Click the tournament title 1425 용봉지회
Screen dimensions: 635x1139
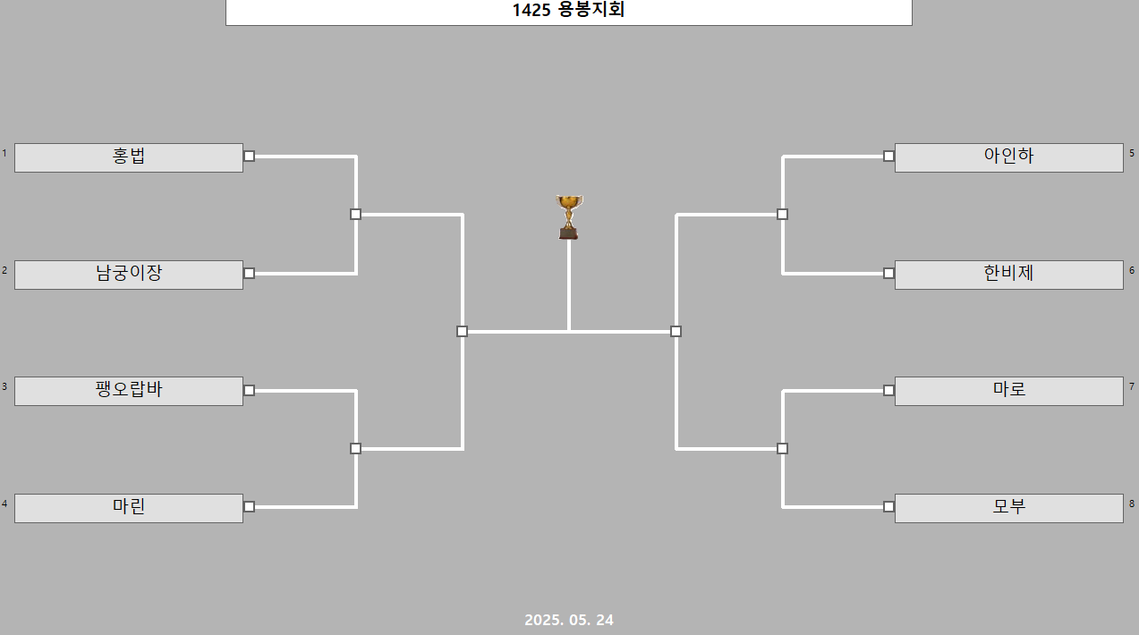click(568, 11)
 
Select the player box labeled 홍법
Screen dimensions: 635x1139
click(129, 157)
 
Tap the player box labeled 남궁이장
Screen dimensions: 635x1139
click(129, 275)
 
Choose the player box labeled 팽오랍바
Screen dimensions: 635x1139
click(129, 391)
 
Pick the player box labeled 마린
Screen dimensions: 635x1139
click(129, 508)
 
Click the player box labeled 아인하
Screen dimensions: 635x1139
click(1008, 157)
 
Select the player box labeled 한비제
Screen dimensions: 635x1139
click(1008, 275)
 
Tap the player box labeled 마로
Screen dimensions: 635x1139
click(1008, 391)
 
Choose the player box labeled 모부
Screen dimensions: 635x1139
click(1008, 508)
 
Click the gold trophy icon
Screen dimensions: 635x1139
click(569, 216)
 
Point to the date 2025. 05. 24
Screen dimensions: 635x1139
click(569, 620)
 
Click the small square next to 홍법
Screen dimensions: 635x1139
click(250, 156)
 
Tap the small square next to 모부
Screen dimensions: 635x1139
click(888, 506)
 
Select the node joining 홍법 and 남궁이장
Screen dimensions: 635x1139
click(355, 214)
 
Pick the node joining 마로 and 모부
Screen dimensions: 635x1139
click(782, 448)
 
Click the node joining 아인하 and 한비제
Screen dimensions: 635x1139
click(782, 214)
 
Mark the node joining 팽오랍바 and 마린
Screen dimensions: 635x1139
click(355, 448)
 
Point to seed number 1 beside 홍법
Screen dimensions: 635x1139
click(4, 153)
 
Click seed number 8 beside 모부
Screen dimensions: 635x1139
click(1132, 504)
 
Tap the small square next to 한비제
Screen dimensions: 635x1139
click(888, 273)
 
